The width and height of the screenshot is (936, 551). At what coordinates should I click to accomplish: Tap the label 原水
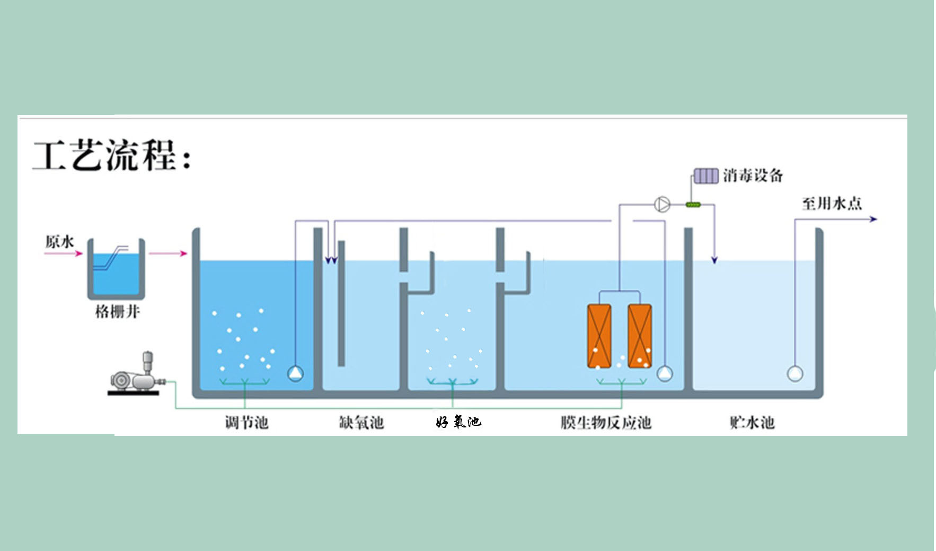click(x=59, y=242)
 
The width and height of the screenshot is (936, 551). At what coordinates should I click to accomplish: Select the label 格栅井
click(x=117, y=311)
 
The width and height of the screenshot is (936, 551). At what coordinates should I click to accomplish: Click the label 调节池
click(x=247, y=423)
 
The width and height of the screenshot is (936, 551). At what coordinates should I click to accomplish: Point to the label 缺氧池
click(x=361, y=423)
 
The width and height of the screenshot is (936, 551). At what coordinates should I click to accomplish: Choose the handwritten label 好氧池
click(x=458, y=422)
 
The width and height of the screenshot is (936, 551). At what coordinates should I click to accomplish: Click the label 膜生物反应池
click(x=606, y=423)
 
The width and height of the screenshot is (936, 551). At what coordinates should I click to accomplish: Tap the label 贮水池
click(x=752, y=423)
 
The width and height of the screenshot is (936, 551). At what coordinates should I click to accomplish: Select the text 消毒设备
click(x=753, y=176)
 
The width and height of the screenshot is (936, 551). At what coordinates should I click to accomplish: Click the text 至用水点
click(x=832, y=204)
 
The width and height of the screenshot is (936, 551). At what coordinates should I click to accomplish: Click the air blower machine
click(x=137, y=375)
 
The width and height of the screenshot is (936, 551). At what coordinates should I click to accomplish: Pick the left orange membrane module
click(x=599, y=336)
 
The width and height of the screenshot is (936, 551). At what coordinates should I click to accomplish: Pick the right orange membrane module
click(x=640, y=336)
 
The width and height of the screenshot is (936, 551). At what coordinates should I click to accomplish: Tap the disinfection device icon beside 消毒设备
click(x=706, y=176)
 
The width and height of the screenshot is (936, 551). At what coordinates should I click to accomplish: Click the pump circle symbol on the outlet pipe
click(x=662, y=204)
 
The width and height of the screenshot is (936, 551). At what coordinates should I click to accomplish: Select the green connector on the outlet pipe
click(x=693, y=205)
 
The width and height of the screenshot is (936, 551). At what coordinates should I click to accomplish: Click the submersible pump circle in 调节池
click(x=296, y=373)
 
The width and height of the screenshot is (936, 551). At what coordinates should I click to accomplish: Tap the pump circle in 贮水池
click(x=794, y=373)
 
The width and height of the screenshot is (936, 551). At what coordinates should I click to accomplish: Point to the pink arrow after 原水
click(x=64, y=253)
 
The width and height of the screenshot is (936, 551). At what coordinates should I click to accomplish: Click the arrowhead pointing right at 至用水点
click(x=873, y=219)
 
